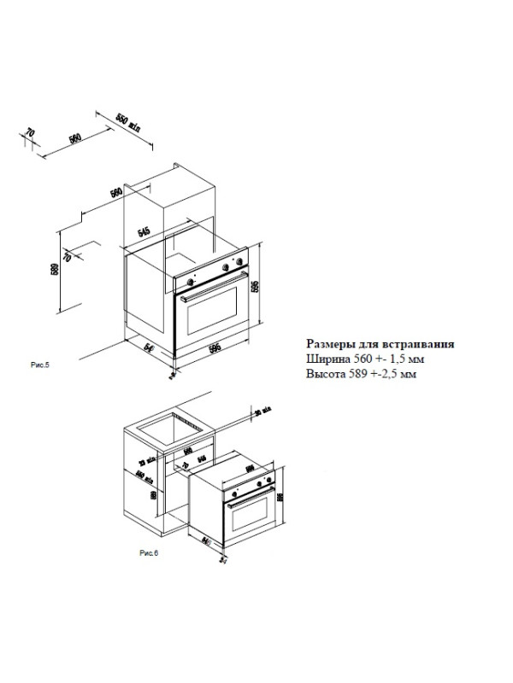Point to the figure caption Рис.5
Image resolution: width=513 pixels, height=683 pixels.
point(40,365)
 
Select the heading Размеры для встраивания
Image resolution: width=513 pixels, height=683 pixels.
point(380,344)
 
